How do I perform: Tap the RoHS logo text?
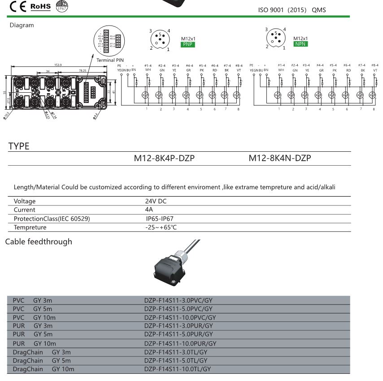pos(41,6)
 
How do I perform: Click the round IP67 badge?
pos(62,6)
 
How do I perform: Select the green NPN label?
pos(300,44)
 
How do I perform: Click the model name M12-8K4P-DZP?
pos(165,158)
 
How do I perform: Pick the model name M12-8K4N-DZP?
pos(280,158)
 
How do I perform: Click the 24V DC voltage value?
pos(156,201)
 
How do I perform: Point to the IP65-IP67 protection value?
pos(160,219)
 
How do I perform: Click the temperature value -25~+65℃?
pos(161,227)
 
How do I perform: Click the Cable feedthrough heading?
pos(39,242)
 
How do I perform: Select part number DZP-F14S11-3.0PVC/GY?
pos(178,300)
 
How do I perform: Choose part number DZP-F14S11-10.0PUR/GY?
pos(180,343)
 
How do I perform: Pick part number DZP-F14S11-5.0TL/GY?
pos(176,360)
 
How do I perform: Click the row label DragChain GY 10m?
pos(44,369)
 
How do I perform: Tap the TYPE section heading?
pos(19,146)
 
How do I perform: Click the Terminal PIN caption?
pos(110,60)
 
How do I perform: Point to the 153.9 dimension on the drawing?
pos(58,65)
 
